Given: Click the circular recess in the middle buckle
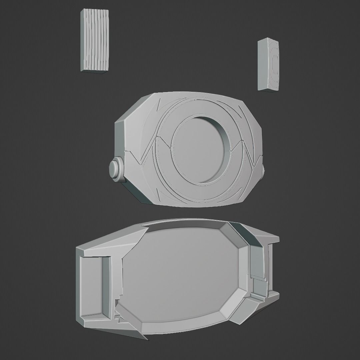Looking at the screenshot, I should click(200, 150).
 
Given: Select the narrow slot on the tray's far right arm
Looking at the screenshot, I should click(270, 267).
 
